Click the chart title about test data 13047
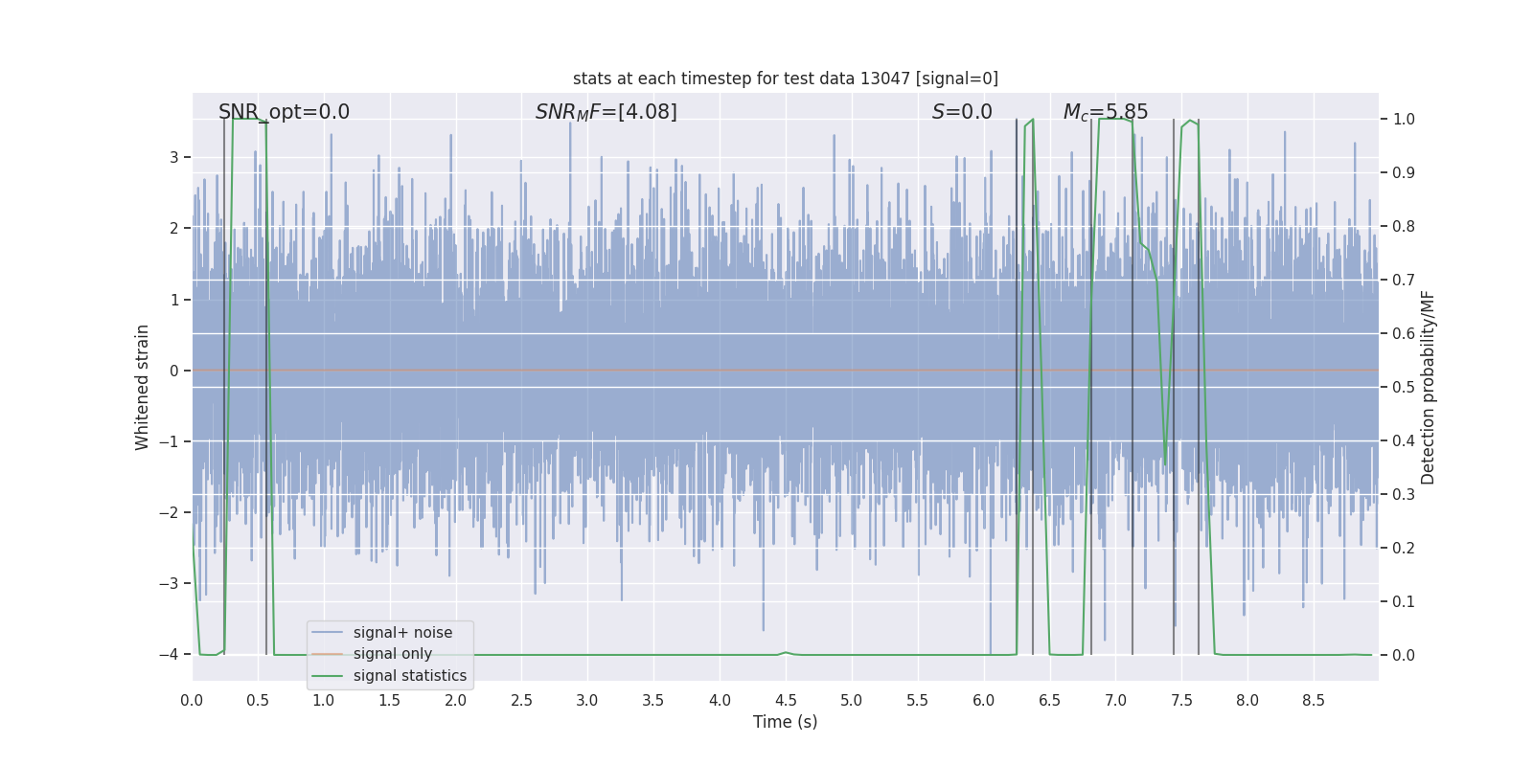tap(785, 79)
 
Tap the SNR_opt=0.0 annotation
tap(284, 112)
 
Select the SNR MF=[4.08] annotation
tap(606, 112)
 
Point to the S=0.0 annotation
tap(962, 112)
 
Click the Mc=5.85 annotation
tap(1105, 112)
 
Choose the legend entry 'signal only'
tap(392, 654)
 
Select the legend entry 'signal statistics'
tap(409, 676)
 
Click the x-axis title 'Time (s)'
tap(785, 722)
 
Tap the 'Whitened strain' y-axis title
tap(143, 387)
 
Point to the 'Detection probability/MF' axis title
tap(1428, 387)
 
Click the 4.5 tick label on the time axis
tap(785, 701)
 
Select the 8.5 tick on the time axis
tap(1313, 701)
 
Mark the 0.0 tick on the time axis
tap(192, 701)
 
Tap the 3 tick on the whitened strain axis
tap(173, 157)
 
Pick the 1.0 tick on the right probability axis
tap(1404, 120)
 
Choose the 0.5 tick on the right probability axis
tap(1404, 388)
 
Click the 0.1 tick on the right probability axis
tap(1404, 602)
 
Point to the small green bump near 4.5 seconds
tap(786, 652)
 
